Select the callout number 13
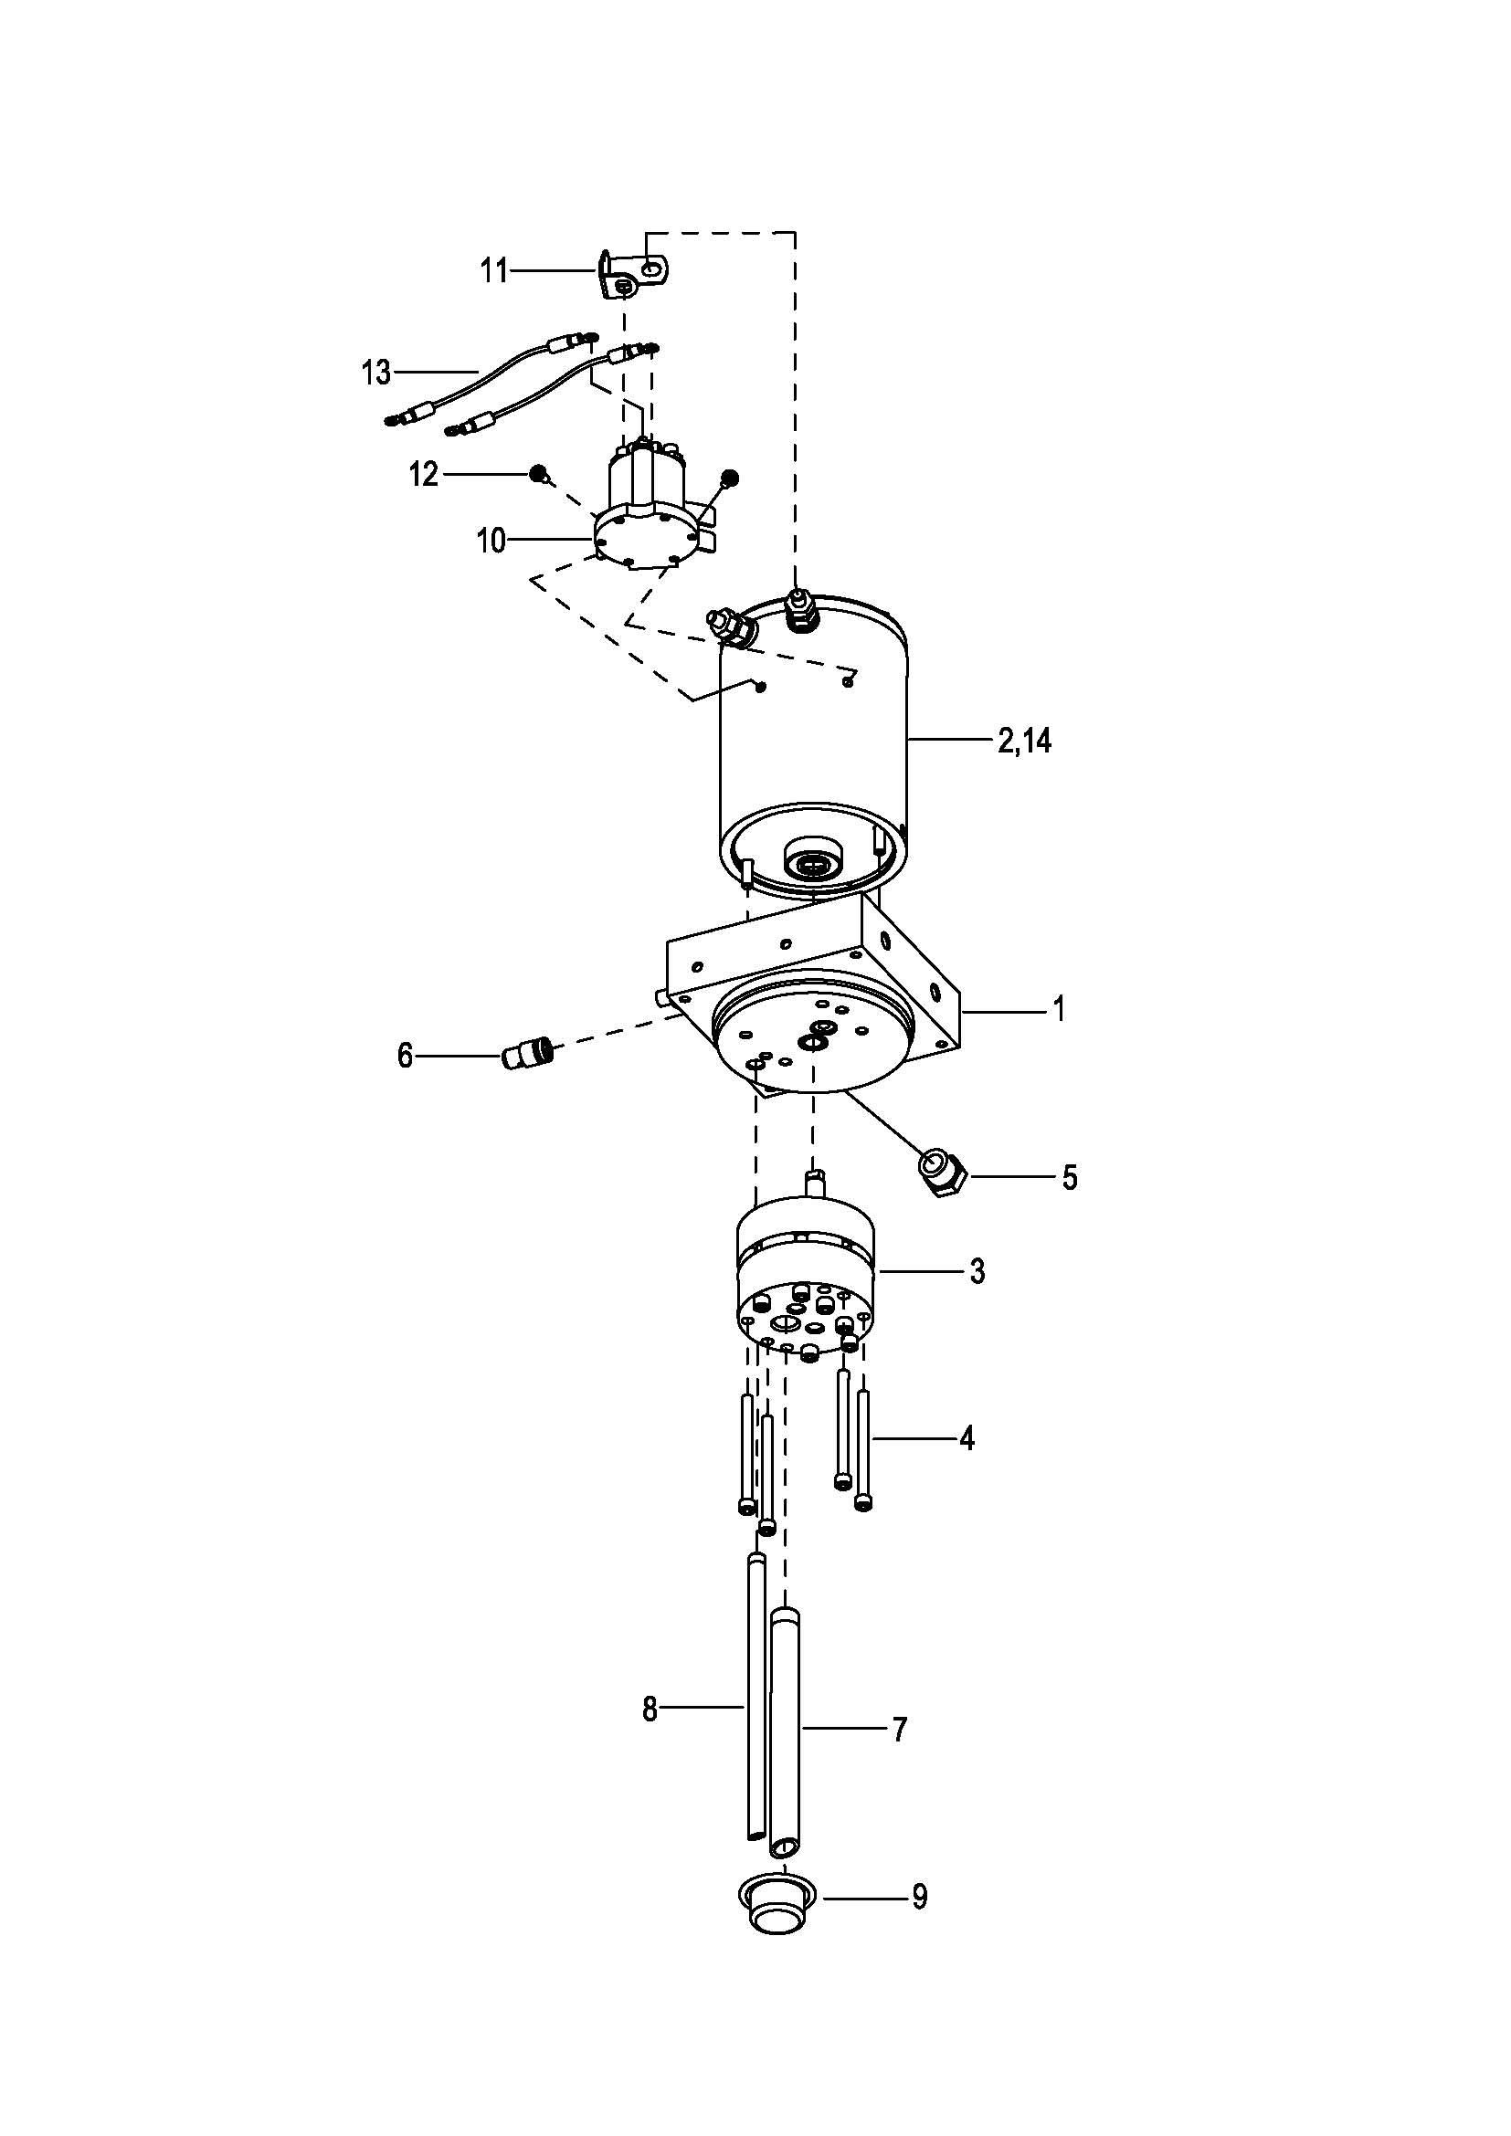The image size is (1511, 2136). (x=376, y=374)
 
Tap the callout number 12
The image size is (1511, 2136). (x=423, y=475)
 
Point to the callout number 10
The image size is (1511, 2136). (x=491, y=541)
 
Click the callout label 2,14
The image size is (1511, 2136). (x=1024, y=741)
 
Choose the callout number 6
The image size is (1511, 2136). (x=405, y=1056)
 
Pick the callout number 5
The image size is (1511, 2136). (x=1070, y=1178)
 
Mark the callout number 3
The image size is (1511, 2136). (x=977, y=1271)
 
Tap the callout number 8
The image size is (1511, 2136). (x=650, y=1709)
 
